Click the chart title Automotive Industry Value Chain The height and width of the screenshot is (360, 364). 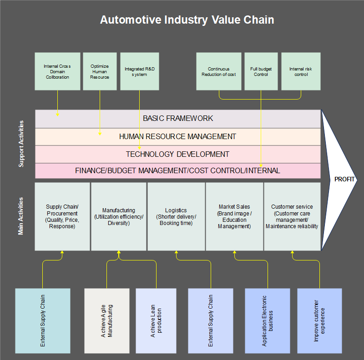point(187,20)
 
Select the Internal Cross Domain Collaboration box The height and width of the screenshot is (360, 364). point(57,71)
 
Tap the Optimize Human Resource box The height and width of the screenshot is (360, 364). point(100,71)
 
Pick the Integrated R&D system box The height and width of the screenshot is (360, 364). point(140,71)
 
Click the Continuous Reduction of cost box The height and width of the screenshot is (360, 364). point(219,71)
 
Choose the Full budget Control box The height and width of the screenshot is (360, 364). point(261,71)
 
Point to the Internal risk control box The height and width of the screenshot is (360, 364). point(301,71)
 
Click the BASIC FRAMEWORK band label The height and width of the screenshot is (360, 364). point(178,118)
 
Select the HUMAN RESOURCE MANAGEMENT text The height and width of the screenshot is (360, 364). point(177,136)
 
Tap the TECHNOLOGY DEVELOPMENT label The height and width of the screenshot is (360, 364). point(177,154)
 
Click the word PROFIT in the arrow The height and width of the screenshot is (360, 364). point(344,179)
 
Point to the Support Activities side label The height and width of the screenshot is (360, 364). point(21,144)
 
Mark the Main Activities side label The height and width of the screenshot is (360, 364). point(21,216)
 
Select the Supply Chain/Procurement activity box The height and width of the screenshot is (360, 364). point(62,216)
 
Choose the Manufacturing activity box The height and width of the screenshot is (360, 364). point(119,216)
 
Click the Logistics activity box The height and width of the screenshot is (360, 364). point(176,216)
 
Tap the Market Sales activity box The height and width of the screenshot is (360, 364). point(234,216)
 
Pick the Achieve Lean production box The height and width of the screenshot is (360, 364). point(156,320)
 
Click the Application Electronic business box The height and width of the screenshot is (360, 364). point(268,320)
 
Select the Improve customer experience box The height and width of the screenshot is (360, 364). point(319,320)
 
